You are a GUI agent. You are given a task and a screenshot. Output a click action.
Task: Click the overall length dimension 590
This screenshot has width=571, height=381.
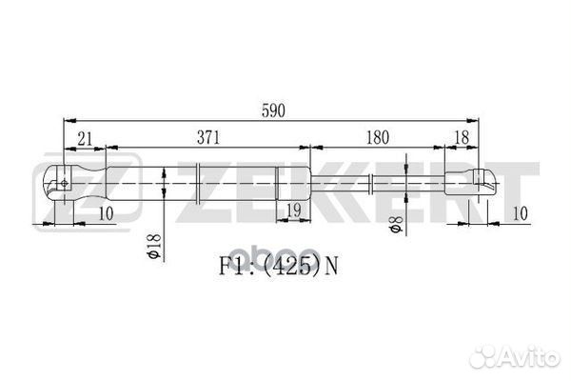[274, 110]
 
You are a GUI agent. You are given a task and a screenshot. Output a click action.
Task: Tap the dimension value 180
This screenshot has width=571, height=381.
[378, 137]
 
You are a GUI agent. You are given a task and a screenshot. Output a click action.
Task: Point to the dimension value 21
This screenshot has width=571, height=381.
[86, 137]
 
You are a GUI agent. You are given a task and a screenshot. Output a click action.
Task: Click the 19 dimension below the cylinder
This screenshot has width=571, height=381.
[294, 209]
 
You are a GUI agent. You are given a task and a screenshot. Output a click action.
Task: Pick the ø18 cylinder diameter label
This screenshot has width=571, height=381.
[152, 245]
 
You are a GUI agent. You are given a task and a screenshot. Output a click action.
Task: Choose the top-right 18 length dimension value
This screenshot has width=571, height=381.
[461, 137]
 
